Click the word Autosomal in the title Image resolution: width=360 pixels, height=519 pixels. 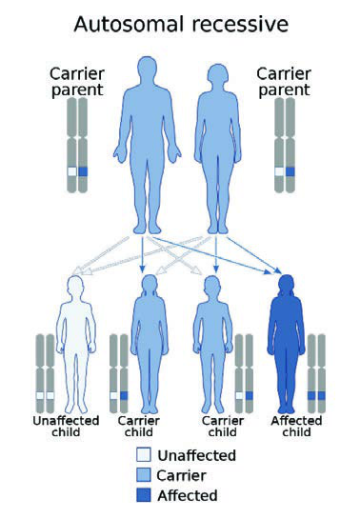pyautogui.click(x=129, y=25)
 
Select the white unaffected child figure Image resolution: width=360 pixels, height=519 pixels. pyautogui.click(x=76, y=344)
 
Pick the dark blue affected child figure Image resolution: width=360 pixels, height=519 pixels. pyautogui.click(x=286, y=344)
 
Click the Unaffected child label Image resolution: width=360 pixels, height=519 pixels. pyautogui.click(x=66, y=427)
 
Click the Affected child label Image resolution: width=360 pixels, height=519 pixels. pyautogui.click(x=296, y=427)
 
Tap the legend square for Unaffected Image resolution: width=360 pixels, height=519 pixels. pyautogui.click(x=143, y=455)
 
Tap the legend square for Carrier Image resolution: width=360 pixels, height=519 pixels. pyautogui.click(x=143, y=475)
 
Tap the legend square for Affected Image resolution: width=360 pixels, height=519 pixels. pyautogui.click(x=143, y=495)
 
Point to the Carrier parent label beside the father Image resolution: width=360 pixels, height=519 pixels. pyautogui.click(x=77, y=82)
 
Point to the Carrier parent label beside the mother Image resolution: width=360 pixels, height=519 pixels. pyautogui.click(x=284, y=82)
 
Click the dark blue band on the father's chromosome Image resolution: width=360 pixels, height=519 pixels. pyautogui.click(x=83, y=171)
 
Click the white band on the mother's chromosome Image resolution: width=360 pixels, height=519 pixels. pyautogui.click(x=279, y=171)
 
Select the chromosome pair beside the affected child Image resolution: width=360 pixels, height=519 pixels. pyautogui.click(x=316, y=373)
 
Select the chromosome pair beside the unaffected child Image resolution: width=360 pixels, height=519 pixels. pyautogui.click(x=46, y=373)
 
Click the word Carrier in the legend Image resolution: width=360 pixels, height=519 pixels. pyautogui.click(x=181, y=475)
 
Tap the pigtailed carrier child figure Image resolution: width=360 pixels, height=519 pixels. pyautogui.click(x=150, y=344)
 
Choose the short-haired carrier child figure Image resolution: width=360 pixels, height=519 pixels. pyautogui.click(x=212, y=344)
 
